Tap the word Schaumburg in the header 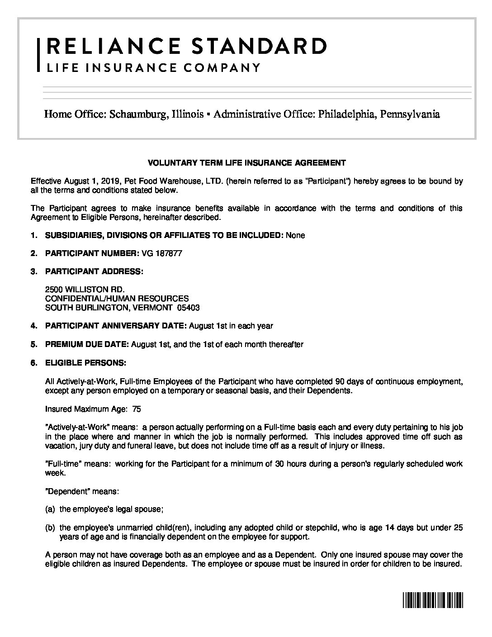(137, 114)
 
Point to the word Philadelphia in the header (347, 114)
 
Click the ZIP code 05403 (188, 308)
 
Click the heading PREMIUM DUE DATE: (87, 344)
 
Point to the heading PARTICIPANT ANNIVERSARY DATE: (116, 326)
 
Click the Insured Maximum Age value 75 (136, 409)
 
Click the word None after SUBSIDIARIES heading (295, 235)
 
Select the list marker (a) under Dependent (50, 509)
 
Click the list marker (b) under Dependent (50, 528)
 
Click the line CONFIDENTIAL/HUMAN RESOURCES (117, 299)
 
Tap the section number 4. (33, 326)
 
